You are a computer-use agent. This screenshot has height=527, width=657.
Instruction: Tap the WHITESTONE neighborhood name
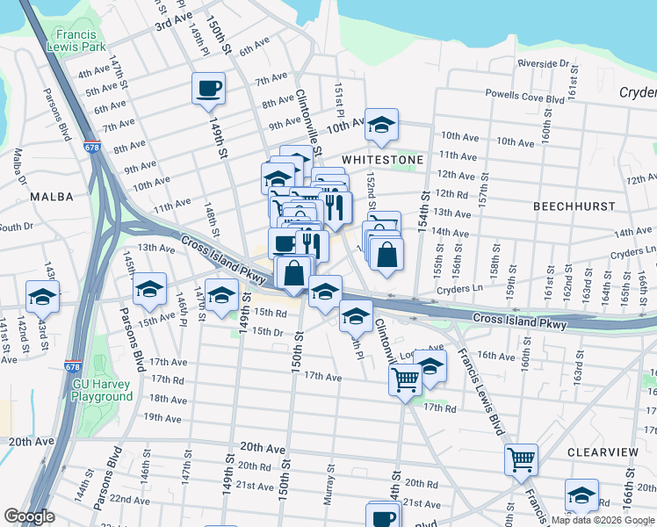(382, 160)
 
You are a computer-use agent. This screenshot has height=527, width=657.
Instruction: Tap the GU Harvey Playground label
(103, 390)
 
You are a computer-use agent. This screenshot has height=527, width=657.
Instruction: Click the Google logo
(29, 516)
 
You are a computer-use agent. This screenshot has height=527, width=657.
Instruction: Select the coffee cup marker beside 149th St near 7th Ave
(208, 89)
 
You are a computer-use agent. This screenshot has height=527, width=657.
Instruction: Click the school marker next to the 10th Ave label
(381, 126)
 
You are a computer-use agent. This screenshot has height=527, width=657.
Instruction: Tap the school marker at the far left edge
(41, 298)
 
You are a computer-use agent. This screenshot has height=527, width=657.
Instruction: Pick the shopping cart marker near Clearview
(521, 458)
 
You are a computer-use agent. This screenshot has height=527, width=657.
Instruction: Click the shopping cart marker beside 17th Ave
(405, 379)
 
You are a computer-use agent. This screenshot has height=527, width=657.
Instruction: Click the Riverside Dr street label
(544, 63)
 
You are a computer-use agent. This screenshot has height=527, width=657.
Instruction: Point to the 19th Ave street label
(142, 417)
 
